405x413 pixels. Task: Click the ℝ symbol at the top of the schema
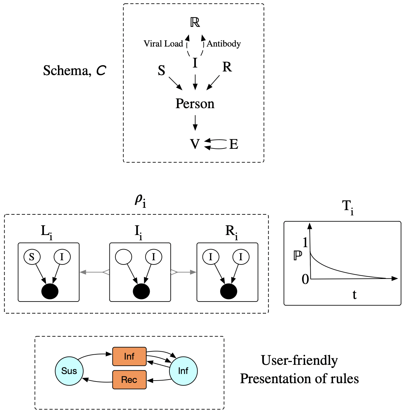(x=195, y=22)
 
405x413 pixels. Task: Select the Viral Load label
(x=163, y=44)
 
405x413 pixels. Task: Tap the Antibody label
(x=224, y=44)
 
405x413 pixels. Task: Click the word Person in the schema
(x=195, y=104)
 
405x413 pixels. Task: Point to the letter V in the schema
(x=195, y=144)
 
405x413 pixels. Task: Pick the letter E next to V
(x=234, y=144)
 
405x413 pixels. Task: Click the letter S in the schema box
(x=162, y=70)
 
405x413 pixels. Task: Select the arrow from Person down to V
(x=195, y=123)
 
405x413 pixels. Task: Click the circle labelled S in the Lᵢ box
(x=32, y=257)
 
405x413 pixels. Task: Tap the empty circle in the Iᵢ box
(x=124, y=257)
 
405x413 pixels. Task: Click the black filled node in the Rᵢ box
(x=228, y=291)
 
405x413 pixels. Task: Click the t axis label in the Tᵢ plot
(x=354, y=295)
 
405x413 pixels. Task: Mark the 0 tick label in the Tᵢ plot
(x=305, y=279)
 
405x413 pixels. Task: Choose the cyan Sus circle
(x=69, y=371)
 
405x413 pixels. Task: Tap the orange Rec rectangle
(x=129, y=380)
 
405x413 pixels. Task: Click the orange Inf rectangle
(x=129, y=356)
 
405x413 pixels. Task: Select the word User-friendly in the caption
(x=299, y=360)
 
